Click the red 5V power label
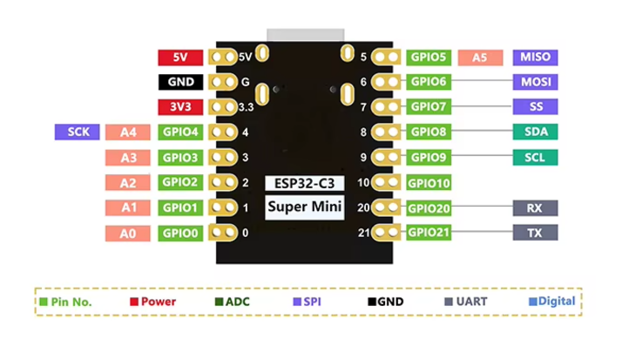click(180, 58)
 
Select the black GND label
click(180, 83)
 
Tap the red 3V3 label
click(180, 108)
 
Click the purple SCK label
click(77, 132)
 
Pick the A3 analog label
click(128, 158)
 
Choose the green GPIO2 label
click(180, 183)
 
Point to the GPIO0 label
click(180, 234)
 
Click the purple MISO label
click(535, 58)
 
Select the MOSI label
click(535, 83)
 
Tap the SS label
click(535, 107)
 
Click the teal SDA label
click(535, 132)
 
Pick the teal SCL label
click(535, 158)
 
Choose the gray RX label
click(535, 208)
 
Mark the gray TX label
click(535, 233)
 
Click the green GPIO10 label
click(429, 183)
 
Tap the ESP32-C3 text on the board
click(304, 184)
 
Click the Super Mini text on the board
click(304, 207)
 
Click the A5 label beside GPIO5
click(480, 58)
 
